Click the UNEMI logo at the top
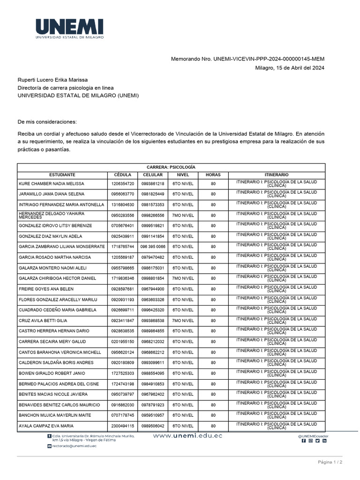click(69, 28)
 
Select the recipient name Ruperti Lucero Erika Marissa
click(52, 80)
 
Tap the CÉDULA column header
click(122, 174)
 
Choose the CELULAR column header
click(153, 174)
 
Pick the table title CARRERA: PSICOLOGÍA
click(171, 167)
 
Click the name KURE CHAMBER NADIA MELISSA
click(51, 183)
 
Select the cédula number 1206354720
click(122, 183)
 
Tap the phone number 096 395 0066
click(153, 247)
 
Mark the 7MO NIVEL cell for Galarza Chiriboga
click(183, 278)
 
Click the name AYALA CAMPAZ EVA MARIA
click(45, 426)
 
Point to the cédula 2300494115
click(122, 426)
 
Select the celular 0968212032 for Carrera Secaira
click(153, 342)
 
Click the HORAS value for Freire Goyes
click(213, 289)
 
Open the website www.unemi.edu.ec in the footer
click(187, 436)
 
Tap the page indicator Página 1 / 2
click(330, 462)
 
